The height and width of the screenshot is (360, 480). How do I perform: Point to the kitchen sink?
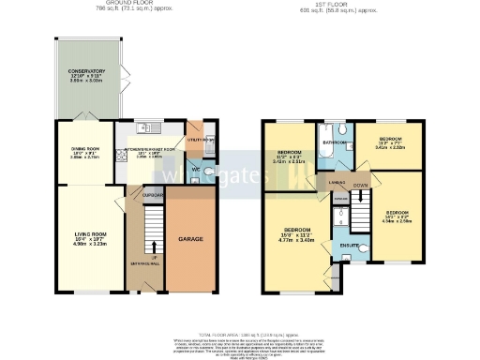pos(143,128)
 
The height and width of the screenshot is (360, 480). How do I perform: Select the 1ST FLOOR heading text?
pos(364,3)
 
